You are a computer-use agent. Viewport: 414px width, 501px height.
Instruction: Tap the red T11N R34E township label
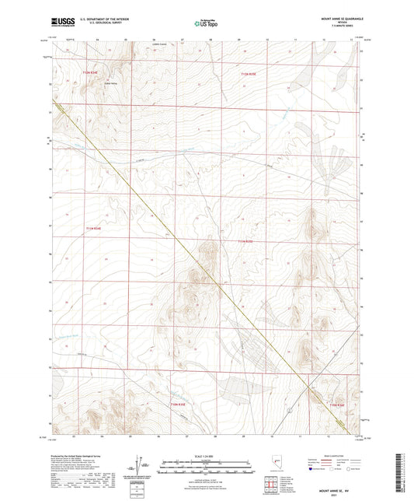point(92,228)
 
